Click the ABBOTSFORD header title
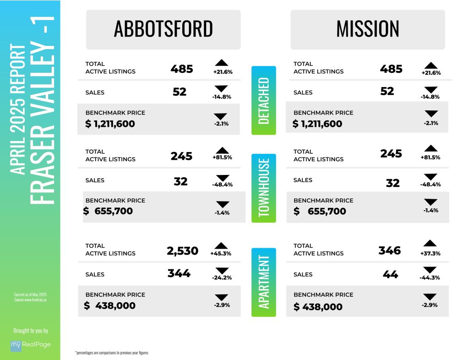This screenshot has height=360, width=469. (163, 29)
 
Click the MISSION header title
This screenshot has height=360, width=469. (367, 29)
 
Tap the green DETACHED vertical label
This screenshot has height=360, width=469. (264, 100)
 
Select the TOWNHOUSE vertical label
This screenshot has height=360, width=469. (264, 188)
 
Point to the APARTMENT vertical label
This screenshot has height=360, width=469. (264, 282)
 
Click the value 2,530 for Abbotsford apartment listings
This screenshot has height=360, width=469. (182, 251)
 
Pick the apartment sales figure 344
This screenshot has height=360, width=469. (179, 274)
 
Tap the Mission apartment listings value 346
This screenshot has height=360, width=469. (389, 250)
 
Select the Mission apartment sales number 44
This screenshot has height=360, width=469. (390, 274)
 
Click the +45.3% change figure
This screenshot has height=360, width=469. (220, 253)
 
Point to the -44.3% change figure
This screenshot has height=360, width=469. (430, 278)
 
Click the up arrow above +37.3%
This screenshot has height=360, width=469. (430, 243)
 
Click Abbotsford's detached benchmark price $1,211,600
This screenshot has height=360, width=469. (110, 124)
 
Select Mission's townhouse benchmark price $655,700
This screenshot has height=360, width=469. (320, 211)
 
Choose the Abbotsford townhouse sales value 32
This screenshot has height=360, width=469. (180, 181)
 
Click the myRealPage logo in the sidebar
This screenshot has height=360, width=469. (30, 344)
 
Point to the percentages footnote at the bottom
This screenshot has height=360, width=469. (112, 353)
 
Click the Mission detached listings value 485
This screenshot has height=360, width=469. (391, 69)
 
